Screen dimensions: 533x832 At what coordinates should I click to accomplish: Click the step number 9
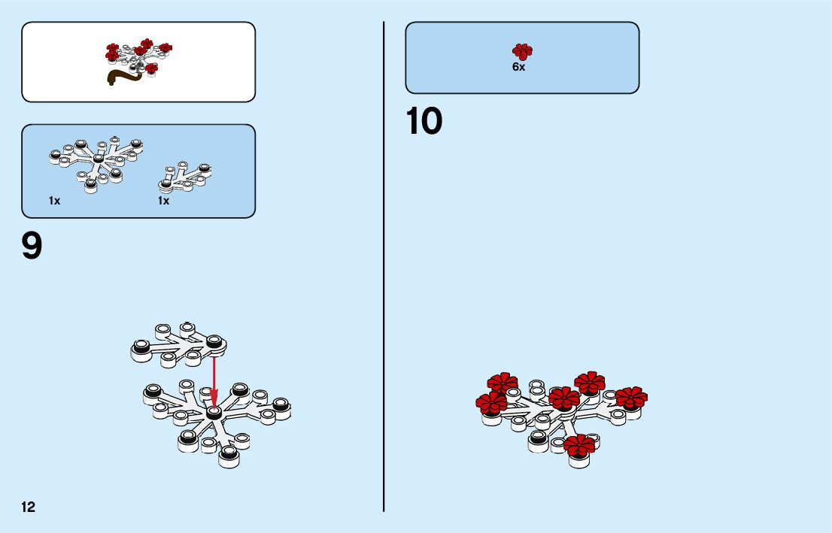point(32,247)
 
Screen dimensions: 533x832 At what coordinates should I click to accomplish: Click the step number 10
point(424,122)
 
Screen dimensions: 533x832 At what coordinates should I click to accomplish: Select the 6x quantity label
point(518,67)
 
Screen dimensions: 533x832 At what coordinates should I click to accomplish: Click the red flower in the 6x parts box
point(521,51)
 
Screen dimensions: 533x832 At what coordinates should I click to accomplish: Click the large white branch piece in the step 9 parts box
point(95,162)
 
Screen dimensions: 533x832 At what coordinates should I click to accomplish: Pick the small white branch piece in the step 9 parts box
point(184,176)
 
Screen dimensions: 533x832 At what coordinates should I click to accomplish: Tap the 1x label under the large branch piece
point(55,201)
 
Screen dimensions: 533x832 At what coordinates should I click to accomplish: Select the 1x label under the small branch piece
point(163,201)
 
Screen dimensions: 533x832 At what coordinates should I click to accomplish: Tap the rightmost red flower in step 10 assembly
point(630,397)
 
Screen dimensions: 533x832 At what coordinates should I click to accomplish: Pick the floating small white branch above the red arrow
point(178,344)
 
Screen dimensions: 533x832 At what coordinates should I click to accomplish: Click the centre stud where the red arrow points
point(214,412)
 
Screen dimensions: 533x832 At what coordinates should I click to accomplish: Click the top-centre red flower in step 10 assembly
point(590,382)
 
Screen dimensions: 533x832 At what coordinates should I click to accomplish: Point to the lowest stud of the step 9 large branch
point(229,456)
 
